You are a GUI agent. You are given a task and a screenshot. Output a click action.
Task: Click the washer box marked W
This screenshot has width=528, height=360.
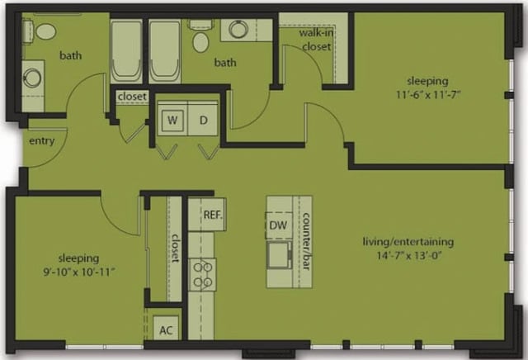point(173,120)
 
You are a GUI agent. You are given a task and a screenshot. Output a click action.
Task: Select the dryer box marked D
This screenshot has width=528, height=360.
point(203,120)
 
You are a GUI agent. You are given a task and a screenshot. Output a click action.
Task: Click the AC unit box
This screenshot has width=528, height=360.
point(166,329)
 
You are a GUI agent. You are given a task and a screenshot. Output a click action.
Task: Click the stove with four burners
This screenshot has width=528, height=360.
point(203,274)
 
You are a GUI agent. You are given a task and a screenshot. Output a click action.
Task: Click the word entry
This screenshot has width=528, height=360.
point(41,141)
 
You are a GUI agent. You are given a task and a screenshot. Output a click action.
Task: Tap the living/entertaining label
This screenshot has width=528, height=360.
point(408,241)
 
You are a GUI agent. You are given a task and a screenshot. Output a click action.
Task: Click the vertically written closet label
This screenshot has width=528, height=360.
point(175,248)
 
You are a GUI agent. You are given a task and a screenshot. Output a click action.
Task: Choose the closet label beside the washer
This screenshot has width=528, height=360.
point(132,97)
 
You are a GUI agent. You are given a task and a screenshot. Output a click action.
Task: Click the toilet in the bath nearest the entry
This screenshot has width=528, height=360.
point(45,31)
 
